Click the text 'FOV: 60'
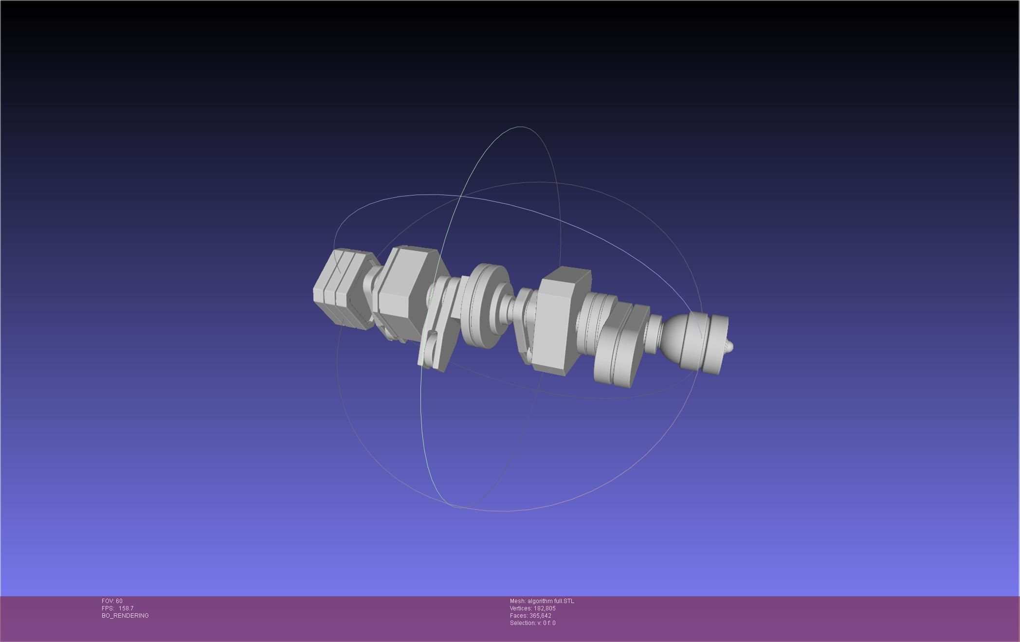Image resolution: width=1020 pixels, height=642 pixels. [x=112, y=601]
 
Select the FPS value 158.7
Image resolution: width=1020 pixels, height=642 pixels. [x=126, y=608]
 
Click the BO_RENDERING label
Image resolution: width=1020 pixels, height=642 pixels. [x=125, y=616]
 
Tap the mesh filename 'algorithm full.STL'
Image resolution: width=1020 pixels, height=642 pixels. [x=550, y=601]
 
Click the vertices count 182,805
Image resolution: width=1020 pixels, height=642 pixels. [x=544, y=608]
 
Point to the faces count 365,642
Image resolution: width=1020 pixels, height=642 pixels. [x=540, y=616]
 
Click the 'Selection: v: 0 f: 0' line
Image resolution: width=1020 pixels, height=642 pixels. [x=532, y=623]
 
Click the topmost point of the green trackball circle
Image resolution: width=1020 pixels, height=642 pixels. [x=520, y=127]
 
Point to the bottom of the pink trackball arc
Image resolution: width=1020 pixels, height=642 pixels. [x=506, y=511]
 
